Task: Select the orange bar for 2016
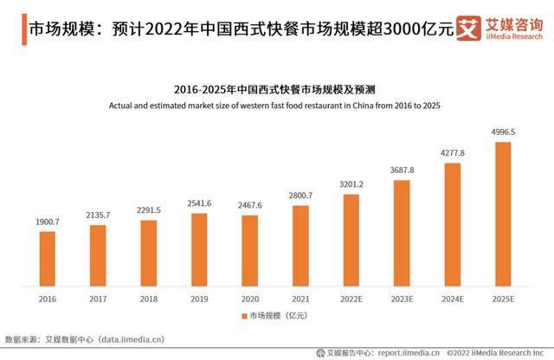click(x=47, y=258)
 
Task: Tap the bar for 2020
click(x=249, y=250)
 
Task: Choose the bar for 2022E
click(x=351, y=240)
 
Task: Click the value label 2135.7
click(x=99, y=215)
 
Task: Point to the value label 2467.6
click(x=249, y=205)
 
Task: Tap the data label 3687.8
click(x=402, y=170)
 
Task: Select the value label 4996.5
click(x=503, y=132)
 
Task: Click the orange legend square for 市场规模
click(x=243, y=316)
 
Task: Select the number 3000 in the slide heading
click(x=395, y=28)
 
